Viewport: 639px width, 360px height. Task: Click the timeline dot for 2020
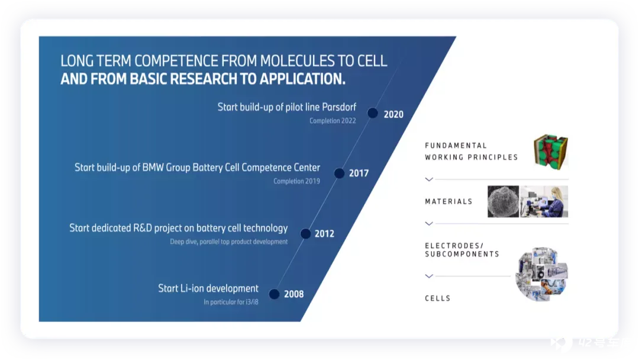[x=373, y=113]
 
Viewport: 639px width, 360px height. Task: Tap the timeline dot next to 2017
[x=339, y=173]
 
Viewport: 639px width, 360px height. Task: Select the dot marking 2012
[x=305, y=234]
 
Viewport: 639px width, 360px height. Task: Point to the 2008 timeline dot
[x=275, y=294]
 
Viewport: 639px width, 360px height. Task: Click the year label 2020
[x=393, y=114]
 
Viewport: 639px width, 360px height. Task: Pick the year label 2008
[x=294, y=294]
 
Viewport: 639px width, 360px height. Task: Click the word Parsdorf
[x=339, y=107]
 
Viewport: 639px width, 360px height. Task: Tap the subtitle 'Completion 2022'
[x=333, y=121]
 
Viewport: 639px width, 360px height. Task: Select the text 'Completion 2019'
[x=296, y=181]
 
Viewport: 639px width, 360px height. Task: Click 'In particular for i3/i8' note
[x=231, y=302]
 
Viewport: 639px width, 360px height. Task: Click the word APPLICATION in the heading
[x=302, y=79]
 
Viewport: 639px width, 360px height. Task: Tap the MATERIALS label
[x=448, y=201]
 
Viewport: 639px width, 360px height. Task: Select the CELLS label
[x=438, y=298]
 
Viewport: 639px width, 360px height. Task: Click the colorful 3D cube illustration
[x=551, y=152]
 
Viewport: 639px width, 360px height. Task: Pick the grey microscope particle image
[x=504, y=202]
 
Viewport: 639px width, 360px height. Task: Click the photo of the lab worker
[x=544, y=202]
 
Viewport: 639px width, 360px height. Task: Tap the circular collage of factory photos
[x=541, y=274]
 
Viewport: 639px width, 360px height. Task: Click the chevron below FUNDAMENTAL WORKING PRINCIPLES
[x=429, y=179]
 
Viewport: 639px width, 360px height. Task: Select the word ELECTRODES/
[x=454, y=246]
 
